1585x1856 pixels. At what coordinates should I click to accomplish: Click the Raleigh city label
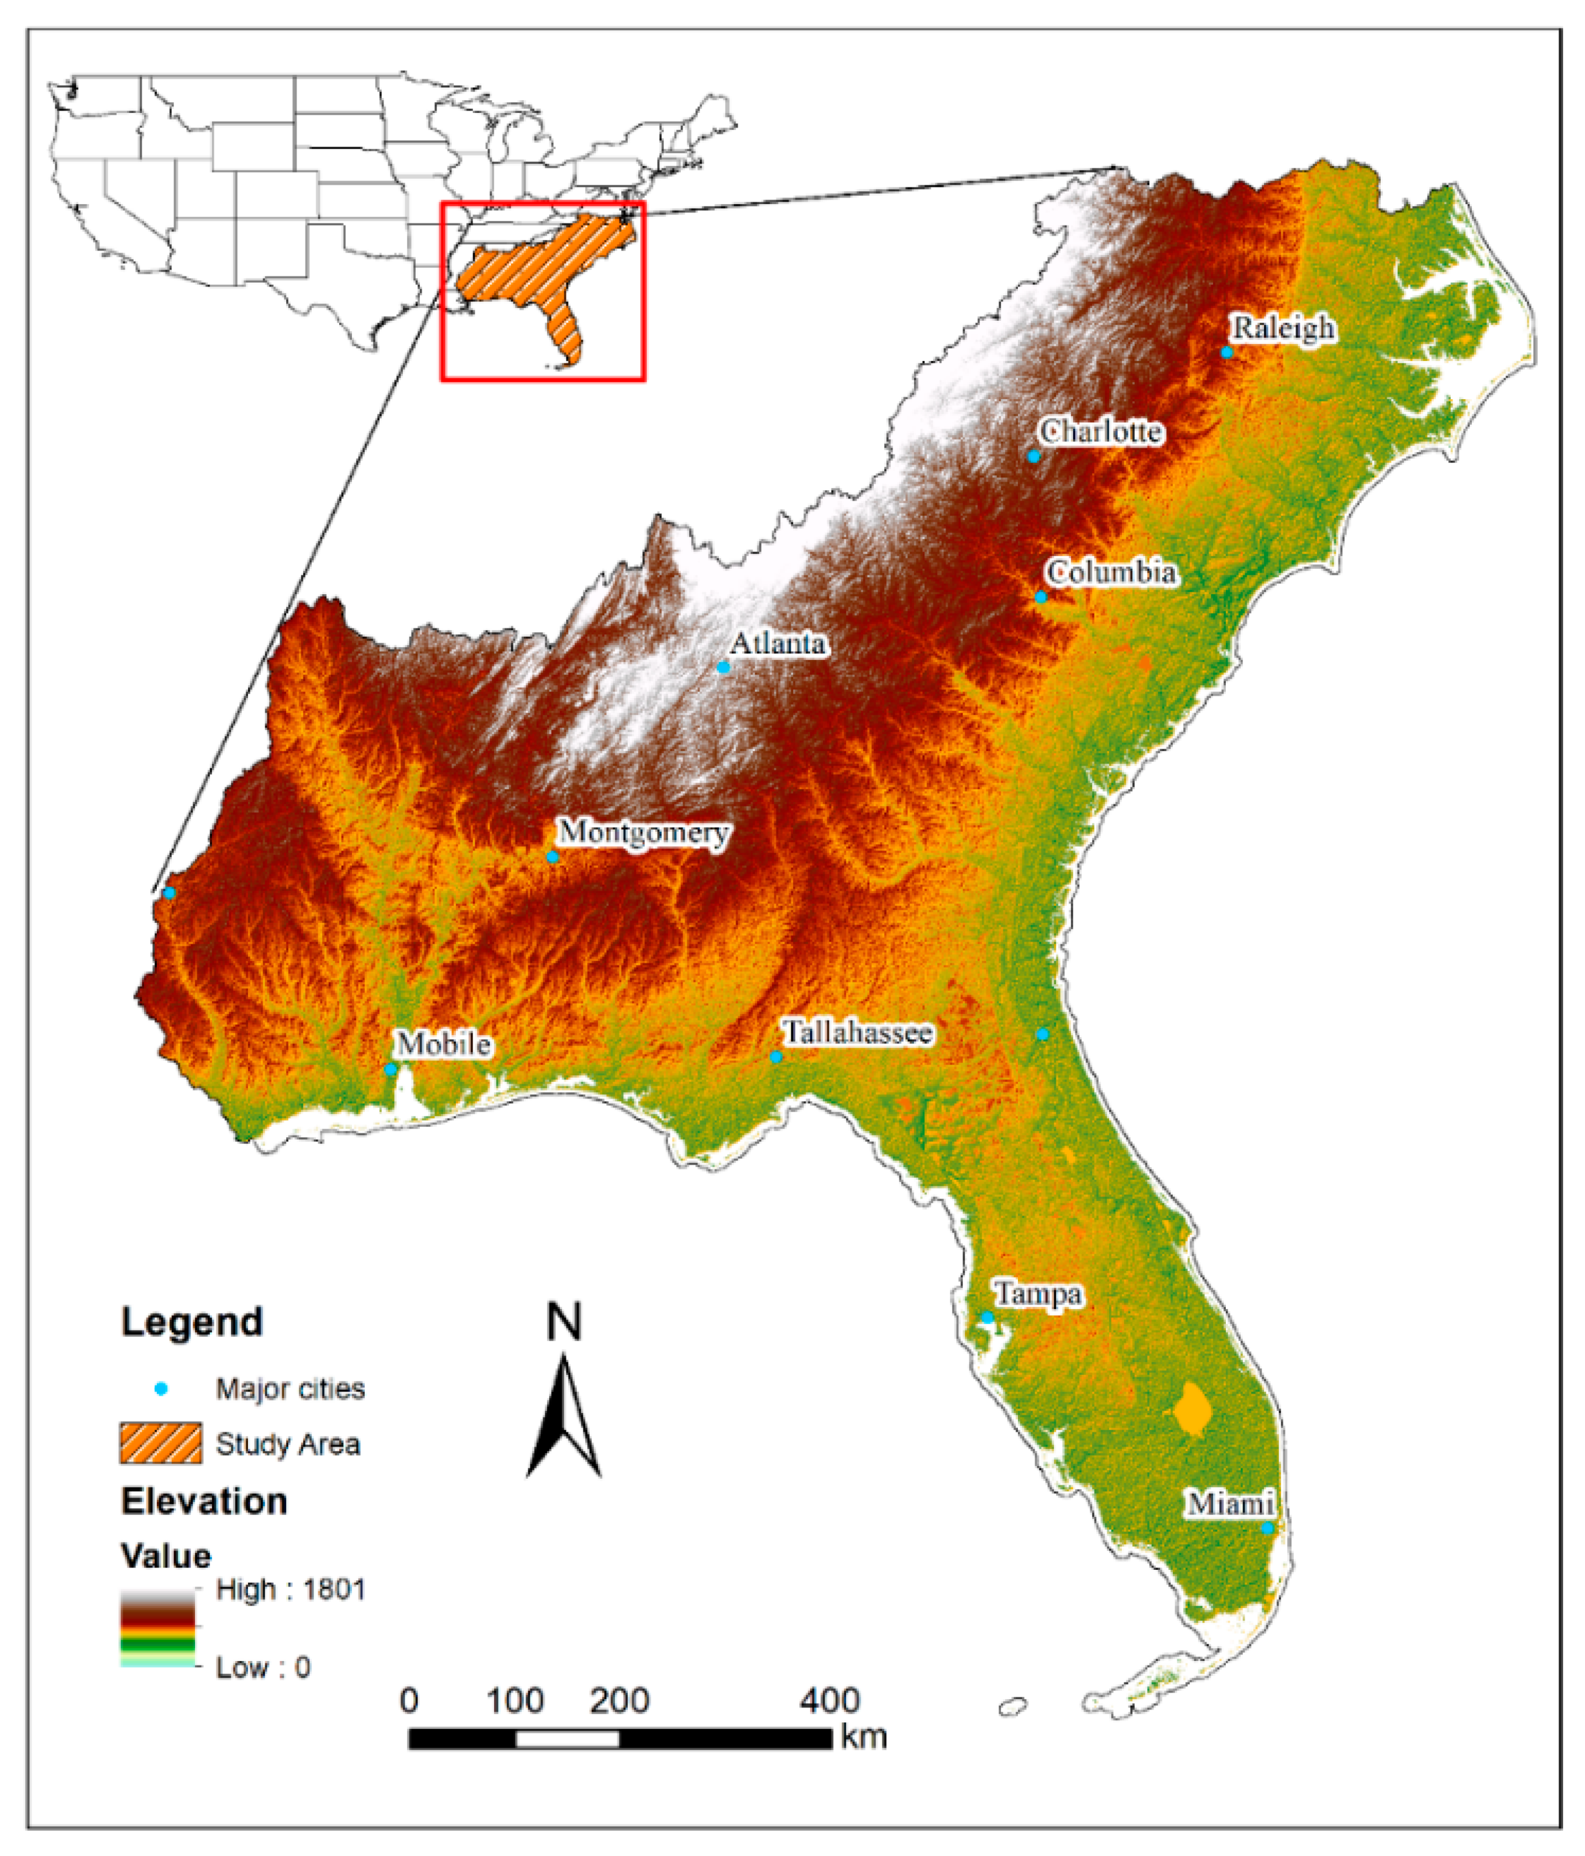coord(1283,329)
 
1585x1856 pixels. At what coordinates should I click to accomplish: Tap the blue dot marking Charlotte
coord(1033,456)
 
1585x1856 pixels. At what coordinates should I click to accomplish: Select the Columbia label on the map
coord(1111,572)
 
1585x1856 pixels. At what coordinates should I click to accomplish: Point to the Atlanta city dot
coord(723,667)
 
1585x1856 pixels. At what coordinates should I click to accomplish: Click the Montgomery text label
coord(644,833)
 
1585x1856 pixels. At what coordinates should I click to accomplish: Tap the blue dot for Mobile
coord(391,1069)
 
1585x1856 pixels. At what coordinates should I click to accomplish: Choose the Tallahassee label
coord(858,1033)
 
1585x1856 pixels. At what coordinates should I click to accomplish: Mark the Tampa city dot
coord(986,1318)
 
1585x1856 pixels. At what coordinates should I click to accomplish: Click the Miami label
coord(1230,1504)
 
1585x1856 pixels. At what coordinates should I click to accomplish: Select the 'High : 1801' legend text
coord(291,1590)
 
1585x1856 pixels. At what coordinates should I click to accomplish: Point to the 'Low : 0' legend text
coord(263,1667)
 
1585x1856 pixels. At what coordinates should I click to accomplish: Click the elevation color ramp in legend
coord(157,1628)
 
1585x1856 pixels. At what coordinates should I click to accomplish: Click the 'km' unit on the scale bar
coord(864,1737)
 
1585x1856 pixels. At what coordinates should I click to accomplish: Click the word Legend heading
coord(191,1322)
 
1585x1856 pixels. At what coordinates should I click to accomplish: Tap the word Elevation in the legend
coord(204,1501)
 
